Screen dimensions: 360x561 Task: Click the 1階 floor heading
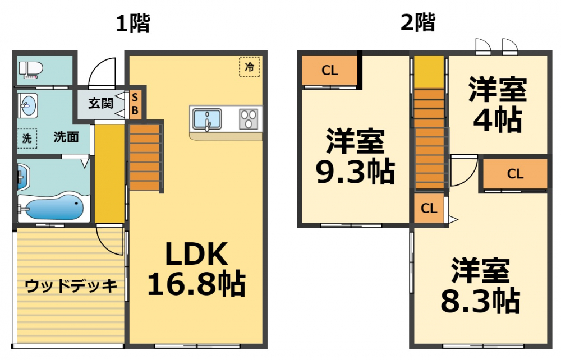coord(133,23)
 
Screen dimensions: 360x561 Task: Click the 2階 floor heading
coord(418,23)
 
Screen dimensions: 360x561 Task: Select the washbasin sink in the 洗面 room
coord(27,104)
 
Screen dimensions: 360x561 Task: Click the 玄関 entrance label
coord(101,103)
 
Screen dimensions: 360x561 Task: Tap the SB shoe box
coord(135,104)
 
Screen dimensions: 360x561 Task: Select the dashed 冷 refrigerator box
coord(249,67)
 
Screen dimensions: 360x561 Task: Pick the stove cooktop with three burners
coord(249,119)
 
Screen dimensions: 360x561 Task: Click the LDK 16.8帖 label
coord(196,269)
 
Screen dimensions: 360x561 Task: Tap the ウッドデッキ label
coord(71,286)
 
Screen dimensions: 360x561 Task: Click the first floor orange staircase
coord(145,158)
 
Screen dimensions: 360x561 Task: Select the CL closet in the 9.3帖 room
coord(330,71)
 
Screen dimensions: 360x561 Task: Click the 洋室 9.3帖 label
coord(355,157)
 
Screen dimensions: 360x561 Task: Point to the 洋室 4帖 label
coord(498,104)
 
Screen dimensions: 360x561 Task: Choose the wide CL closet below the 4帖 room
coord(515,174)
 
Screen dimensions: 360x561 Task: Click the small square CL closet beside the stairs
coord(429,209)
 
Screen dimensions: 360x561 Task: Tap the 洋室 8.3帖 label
coord(480,286)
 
